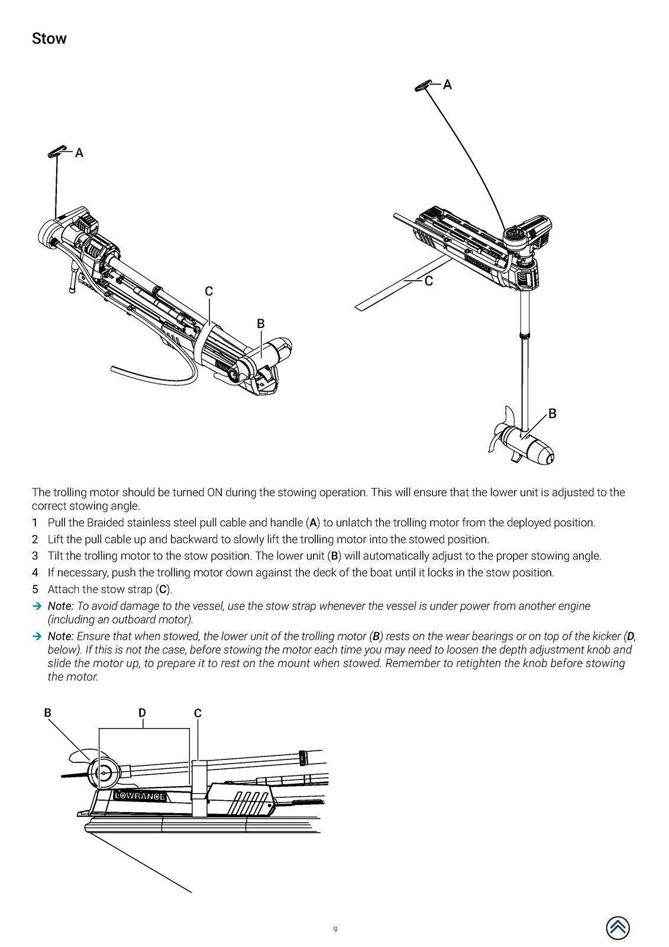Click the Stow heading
(49, 39)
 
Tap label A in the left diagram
(79, 153)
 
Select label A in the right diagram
(447, 85)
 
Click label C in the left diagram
(209, 291)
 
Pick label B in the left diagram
(261, 324)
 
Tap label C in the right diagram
(429, 282)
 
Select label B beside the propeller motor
(552, 414)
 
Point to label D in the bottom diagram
(142, 713)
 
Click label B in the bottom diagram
(47, 713)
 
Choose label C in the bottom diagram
(198, 713)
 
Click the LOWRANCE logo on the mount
(140, 796)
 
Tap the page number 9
(335, 929)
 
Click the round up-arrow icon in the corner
(618, 927)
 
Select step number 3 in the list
(35, 556)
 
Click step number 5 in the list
(35, 590)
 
